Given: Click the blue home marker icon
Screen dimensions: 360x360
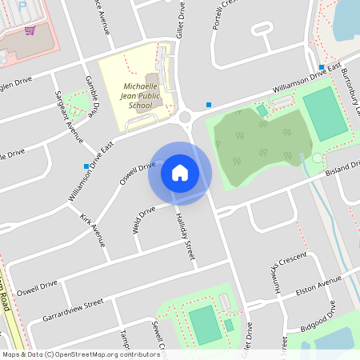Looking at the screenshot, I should click(x=180, y=172).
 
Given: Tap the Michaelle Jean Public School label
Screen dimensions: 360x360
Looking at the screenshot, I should click(x=139, y=95).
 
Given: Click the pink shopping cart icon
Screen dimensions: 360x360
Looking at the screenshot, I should click(x=30, y=30).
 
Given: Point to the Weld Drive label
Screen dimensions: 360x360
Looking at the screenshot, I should click(x=144, y=220).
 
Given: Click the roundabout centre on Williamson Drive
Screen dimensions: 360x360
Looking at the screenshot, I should click(x=186, y=117).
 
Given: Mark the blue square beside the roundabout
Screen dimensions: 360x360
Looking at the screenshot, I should click(x=209, y=105).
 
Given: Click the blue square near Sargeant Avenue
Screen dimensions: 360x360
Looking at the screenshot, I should click(x=86, y=166).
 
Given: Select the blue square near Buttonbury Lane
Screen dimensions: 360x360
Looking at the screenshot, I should click(x=322, y=67).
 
